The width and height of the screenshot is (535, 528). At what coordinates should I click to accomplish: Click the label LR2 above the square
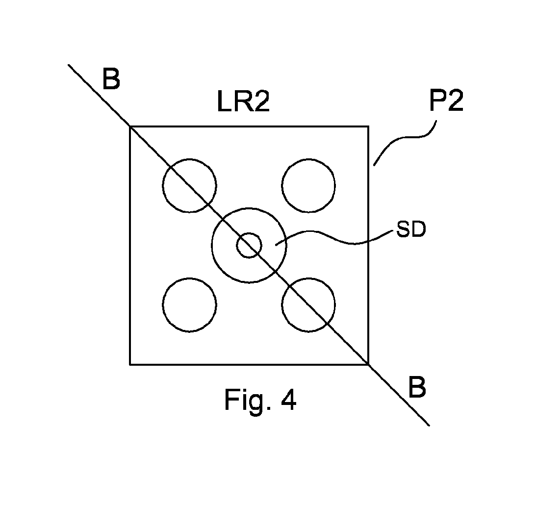click(x=244, y=101)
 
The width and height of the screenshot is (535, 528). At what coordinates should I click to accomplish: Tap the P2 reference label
click(x=446, y=101)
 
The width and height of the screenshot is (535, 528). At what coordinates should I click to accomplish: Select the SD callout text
click(x=411, y=229)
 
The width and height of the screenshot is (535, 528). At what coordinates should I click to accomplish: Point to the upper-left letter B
click(x=111, y=79)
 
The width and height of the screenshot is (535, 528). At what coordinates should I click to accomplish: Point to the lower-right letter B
click(x=417, y=387)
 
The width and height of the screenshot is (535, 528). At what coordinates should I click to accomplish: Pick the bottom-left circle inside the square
click(x=163, y=305)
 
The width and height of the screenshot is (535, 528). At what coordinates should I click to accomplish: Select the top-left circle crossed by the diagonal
click(x=163, y=185)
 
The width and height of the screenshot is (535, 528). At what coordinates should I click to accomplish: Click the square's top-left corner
click(x=130, y=126)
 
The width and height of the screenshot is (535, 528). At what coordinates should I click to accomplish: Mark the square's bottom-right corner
click(x=368, y=364)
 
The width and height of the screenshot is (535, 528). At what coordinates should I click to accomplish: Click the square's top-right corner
click(x=368, y=126)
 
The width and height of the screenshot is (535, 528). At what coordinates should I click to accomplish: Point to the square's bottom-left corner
click(x=130, y=364)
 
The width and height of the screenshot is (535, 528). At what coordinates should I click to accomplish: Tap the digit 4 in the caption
click(x=289, y=399)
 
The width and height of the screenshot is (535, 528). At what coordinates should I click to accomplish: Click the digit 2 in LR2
click(x=262, y=101)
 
